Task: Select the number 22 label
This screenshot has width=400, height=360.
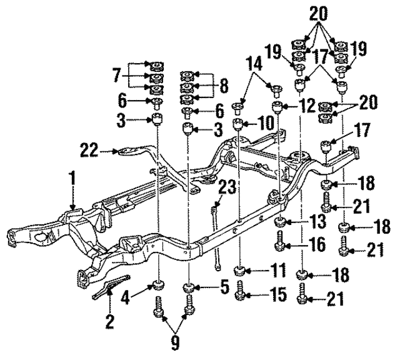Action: (89, 149)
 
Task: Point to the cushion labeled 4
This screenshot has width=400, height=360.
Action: (159, 287)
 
